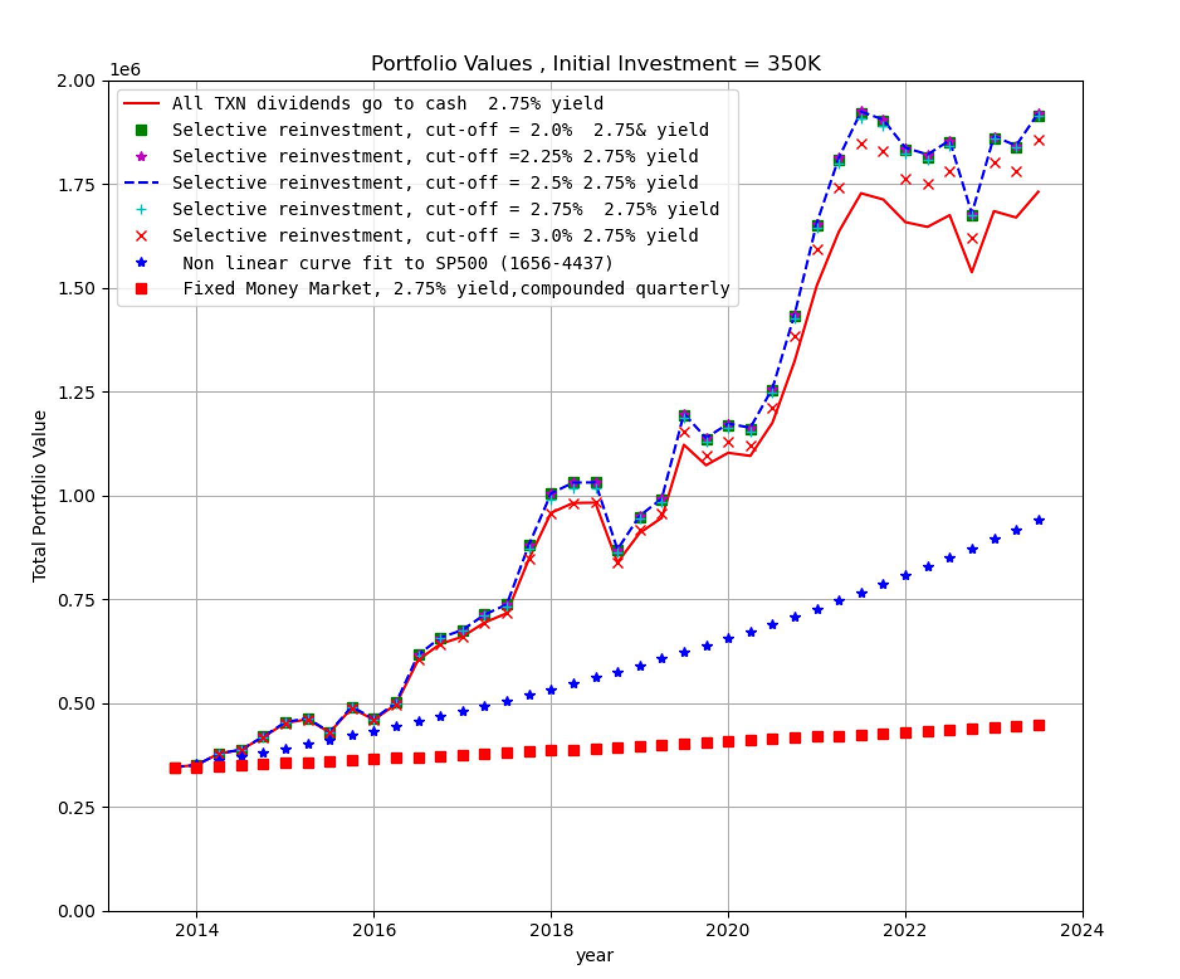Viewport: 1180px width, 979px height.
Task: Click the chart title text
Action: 595,64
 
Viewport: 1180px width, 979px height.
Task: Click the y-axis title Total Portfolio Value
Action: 40,496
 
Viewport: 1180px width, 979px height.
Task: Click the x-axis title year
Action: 594,956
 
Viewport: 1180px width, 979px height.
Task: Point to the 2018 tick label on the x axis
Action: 551,930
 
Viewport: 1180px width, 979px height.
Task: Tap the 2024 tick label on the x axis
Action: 1082,930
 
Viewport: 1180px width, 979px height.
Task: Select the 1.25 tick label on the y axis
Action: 76,393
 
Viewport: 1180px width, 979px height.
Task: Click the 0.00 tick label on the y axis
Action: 76,911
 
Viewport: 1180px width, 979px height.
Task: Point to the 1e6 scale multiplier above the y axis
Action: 125,70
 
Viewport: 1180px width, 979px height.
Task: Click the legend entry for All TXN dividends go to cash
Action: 387,103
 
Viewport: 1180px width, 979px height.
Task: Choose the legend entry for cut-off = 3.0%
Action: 435,235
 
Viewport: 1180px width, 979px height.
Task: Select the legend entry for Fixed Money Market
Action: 456,288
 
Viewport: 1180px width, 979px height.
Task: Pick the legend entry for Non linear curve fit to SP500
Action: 397,262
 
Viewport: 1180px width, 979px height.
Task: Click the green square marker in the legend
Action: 142,130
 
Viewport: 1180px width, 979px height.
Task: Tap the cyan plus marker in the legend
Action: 142,209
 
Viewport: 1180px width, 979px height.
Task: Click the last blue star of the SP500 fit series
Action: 1039,520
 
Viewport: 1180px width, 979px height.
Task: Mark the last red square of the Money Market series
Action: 1039,725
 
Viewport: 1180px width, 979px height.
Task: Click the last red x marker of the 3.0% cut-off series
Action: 1039,140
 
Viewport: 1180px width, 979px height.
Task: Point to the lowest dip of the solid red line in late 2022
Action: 972,272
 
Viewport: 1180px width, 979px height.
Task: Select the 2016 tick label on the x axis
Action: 373,930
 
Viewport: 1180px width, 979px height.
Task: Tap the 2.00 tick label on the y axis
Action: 76,81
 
